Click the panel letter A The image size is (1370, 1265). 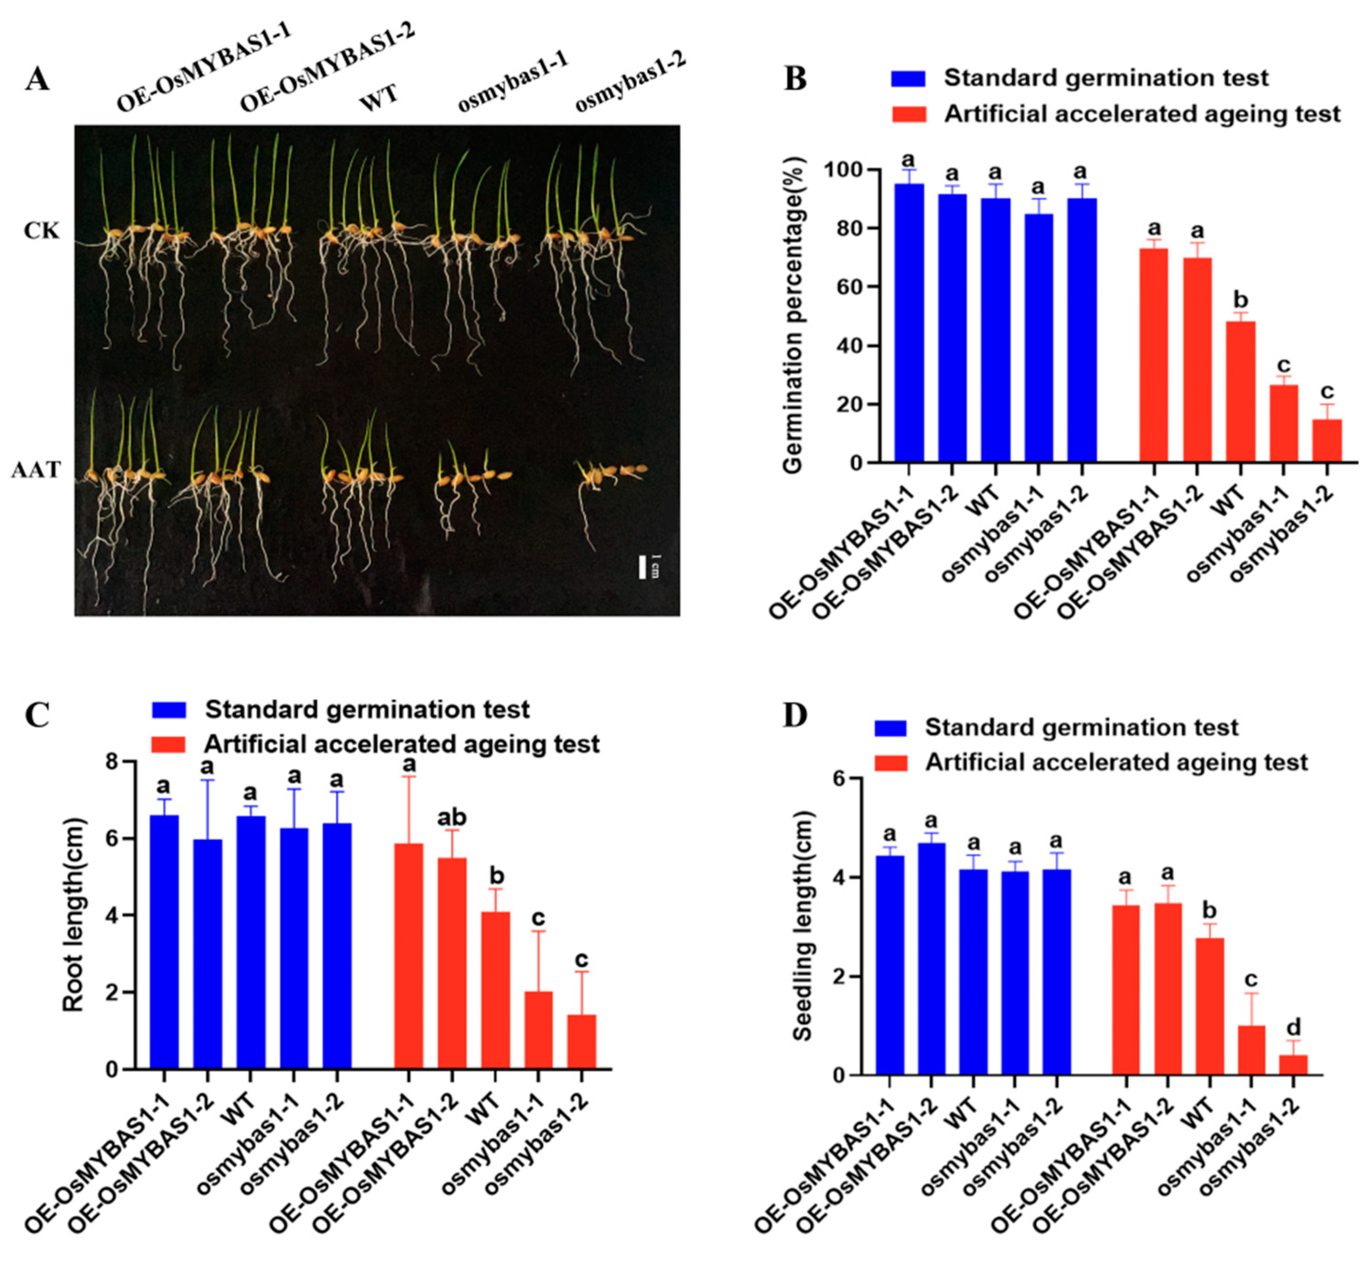pyautogui.click(x=38, y=80)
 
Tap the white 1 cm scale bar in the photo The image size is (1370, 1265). pyautogui.click(x=642, y=567)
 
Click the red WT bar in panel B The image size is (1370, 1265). pyautogui.click(x=1240, y=392)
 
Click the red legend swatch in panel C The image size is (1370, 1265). pyautogui.click(x=168, y=744)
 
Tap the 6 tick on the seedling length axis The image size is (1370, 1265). pyautogui.click(x=836, y=779)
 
